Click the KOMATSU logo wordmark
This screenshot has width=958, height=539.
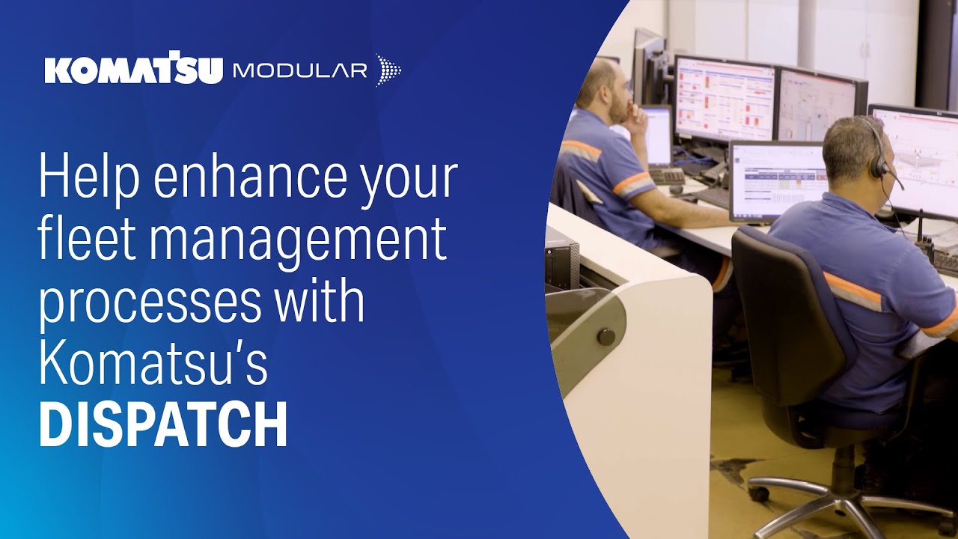point(133,70)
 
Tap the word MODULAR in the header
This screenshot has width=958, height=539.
point(299,70)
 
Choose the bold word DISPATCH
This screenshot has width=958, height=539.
point(162,423)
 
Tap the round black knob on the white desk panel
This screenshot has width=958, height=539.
point(605,336)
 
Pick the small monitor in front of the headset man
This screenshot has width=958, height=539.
point(778,180)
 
